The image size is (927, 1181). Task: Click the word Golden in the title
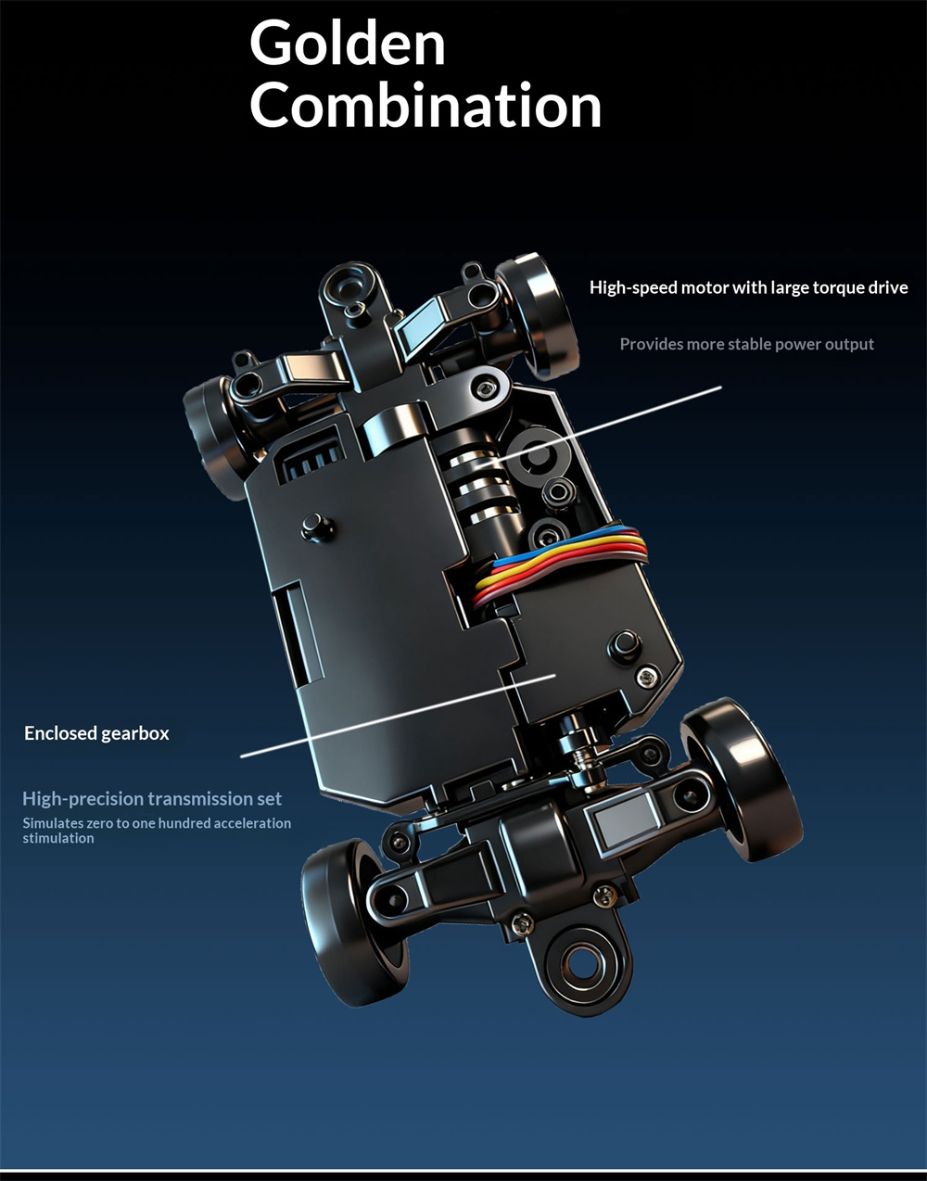click(348, 44)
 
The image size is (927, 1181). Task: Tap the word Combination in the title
click(425, 106)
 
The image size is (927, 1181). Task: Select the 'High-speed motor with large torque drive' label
click(748, 287)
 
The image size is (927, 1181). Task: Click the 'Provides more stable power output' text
click(746, 344)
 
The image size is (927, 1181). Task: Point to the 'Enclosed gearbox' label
click(96, 733)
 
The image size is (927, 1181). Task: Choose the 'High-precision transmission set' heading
click(152, 798)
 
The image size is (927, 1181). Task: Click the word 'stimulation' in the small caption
click(58, 838)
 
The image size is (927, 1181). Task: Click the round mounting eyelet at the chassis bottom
click(581, 963)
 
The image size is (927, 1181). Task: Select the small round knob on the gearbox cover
click(316, 527)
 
